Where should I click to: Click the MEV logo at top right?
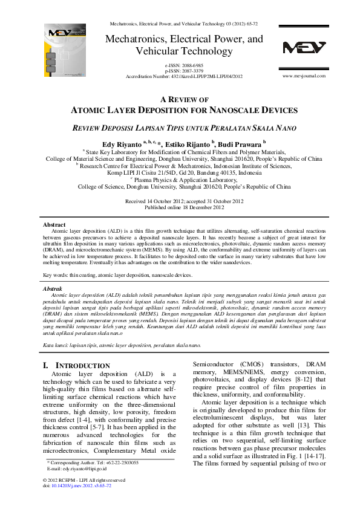(x=304, y=48)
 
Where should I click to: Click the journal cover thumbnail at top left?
(x=61, y=45)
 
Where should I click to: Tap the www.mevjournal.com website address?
(x=304, y=76)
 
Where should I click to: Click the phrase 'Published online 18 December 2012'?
(x=183, y=207)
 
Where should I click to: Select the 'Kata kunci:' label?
(x=56, y=345)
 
